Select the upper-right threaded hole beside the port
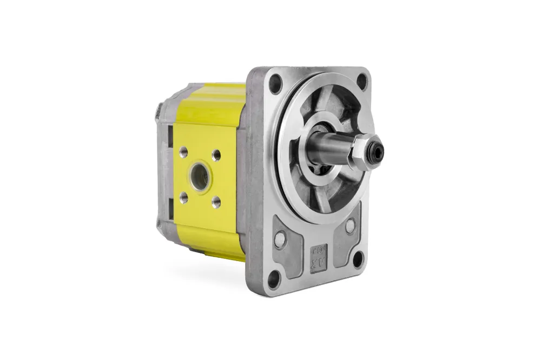(216, 155)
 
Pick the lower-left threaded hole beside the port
(184, 197)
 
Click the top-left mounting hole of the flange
(275, 84)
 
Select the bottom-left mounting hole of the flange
(274, 279)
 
